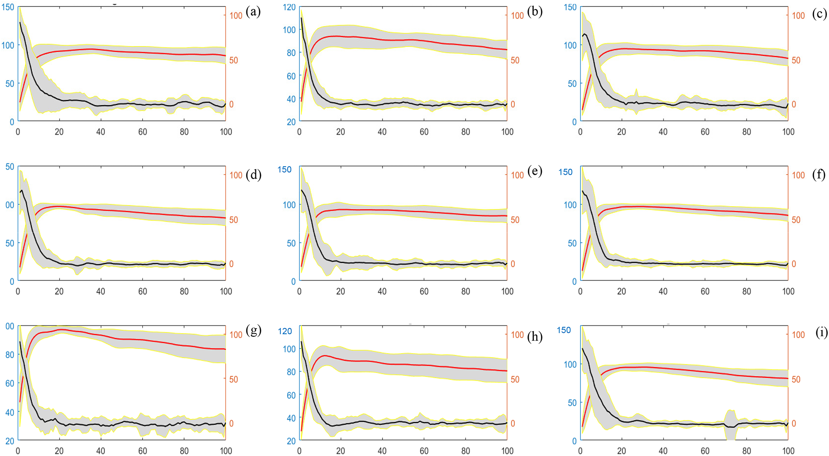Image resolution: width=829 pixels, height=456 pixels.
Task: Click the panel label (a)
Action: (253, 12)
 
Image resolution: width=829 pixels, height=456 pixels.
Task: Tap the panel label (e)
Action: (534, 171)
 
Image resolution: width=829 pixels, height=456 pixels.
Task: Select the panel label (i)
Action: (822, 333)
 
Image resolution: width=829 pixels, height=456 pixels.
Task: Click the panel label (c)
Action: (819, 14)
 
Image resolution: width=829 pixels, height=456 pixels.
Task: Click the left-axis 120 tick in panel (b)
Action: (289, 7)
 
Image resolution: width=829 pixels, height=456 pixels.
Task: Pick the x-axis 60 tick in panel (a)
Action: (143, 132)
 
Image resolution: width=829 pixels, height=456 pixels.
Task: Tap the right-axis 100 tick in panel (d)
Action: (236, 175)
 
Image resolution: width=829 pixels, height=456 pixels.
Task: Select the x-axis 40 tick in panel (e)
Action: (382, 292)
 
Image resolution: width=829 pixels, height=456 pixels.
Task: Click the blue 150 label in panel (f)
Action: (565, 172)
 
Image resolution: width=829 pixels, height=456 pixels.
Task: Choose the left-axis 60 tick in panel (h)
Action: (291, 395)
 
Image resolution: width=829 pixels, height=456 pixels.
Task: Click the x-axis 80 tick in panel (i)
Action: (746, 451)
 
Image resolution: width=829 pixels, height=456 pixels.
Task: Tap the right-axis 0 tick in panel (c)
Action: (794, 104)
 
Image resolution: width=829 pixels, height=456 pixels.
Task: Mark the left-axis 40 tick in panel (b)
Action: (291, 99)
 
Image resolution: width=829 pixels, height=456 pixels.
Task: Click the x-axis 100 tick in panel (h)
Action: (507, 451)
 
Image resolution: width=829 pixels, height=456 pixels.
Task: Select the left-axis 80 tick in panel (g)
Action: (10, 355)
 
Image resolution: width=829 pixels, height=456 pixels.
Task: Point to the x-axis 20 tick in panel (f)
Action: (621, 292)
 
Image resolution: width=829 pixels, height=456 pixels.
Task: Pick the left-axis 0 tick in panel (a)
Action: (12, 122)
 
